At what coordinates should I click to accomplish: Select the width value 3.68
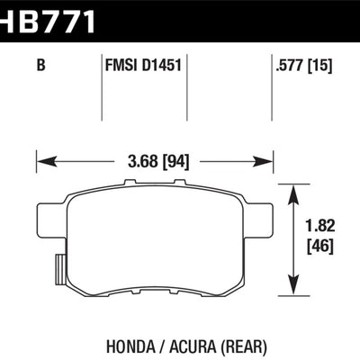coord(134,164)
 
